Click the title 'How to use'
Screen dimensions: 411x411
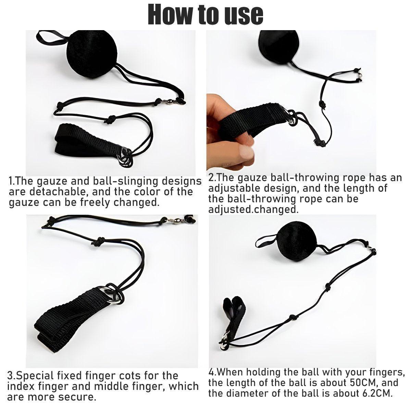206,14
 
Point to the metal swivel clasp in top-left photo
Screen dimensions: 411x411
169,101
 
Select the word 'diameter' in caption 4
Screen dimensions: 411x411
250,393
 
